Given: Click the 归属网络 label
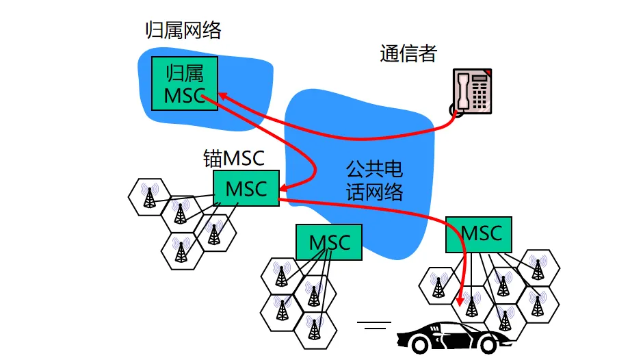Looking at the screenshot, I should pyautogui.click(x=183, y=30).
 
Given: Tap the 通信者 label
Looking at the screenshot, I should pyautogui.click(x=408, y=54).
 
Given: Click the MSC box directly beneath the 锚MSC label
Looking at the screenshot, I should pyautogui.click(x=246, y=188).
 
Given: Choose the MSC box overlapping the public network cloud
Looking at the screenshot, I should pyautogui.click(x=329, y=242).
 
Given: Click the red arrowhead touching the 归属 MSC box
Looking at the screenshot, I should pyautogui.click(x=222, y=97).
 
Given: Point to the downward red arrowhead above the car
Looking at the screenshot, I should pyautogui.click(x=460, y=300).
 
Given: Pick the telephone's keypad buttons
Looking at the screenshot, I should pyautogui.click(x=480, y=96).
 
